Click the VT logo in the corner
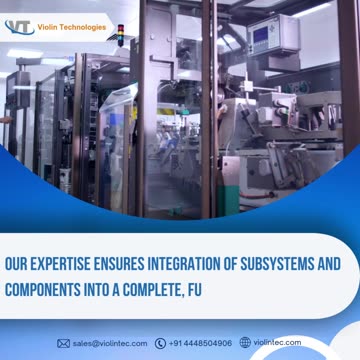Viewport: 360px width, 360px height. [20, 27]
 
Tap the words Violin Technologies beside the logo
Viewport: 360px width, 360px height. [72, 27]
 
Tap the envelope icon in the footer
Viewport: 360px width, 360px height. [64, 343]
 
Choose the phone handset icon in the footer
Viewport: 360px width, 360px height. [160, 343]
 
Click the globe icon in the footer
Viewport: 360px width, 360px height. [245, 342]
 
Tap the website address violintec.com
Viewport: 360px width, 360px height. [277, 342]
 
